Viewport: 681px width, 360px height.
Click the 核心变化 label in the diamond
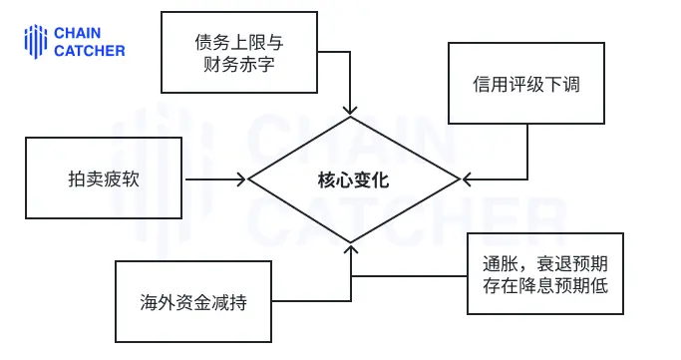pyautogui.click(x=353, y=180)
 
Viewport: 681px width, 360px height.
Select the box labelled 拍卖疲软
pyautogui.click(x=104, y=180)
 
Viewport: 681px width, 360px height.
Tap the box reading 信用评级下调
pyautogui.click(x=525, y=84)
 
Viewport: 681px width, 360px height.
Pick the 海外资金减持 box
pyautogui.click(x=192, y=302)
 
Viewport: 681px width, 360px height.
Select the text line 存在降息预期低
pyautogui.click(x=545, y=286)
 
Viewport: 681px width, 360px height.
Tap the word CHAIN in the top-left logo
pyautogui.click(x=78, y=33)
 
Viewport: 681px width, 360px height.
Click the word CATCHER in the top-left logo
pyautogui.click(x=90, y=50)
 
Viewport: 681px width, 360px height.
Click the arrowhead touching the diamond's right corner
pyautogui.click(x=466, y=180)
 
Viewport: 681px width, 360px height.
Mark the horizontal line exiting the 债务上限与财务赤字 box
pyautogui.click(x=334, y=54)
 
